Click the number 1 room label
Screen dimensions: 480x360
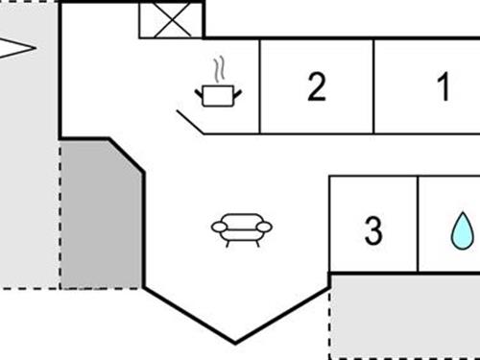pyautogui.click(x=444, y=87)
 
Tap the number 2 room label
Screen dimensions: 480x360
pyautogui.click(x=317, y=87)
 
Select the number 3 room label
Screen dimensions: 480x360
pyautogui.click(x=373, y=230)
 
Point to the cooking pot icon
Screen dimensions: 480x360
pyautogui.click(x=220, y=93)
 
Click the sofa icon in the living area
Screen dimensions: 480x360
pyautogui.click(x=241, y=228)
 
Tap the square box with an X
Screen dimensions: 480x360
pyautogui.click(x=170, y=19)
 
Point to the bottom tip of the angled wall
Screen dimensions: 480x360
pyautogui.click(x=235, y=342)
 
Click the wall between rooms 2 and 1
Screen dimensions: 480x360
pyautogui.click(x=373, y=86)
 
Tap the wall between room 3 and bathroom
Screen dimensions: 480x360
pyautogui.click(x=418, y=224)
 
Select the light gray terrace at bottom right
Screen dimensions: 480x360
pyautogui.click(x=403, y=317)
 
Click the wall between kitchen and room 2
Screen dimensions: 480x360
pyautogui.click(x=260, y=86)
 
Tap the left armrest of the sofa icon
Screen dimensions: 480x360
pyautogui.click(x=217, y=228)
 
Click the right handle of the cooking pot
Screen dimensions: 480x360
pyautogui.click(x=238, y=91)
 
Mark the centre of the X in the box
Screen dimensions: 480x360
pyautogui.click(x=170, y=19)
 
